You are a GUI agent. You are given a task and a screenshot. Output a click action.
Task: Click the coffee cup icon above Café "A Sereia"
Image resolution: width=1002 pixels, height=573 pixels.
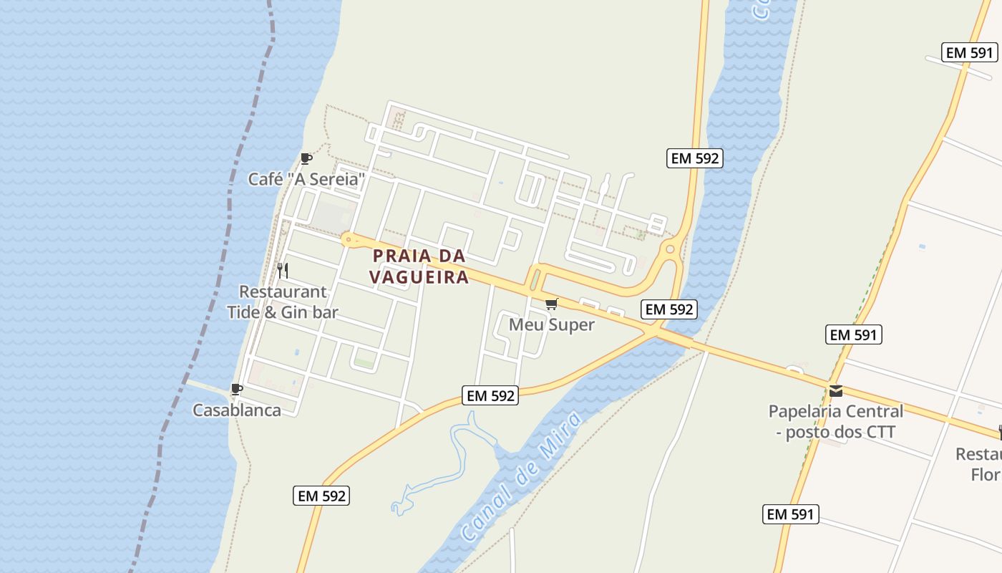pyautogui.click(x=306, y=158)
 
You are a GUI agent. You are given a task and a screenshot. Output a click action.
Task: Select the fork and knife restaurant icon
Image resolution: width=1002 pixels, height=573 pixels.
pyautogui.click(x=283, y=270)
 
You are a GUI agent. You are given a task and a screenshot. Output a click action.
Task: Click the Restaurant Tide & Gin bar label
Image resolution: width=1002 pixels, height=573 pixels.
pyautogui.click(x=282, y=302)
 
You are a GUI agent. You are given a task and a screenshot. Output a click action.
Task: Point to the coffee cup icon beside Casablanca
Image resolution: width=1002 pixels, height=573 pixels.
pyautogui.click(x=237, y=390)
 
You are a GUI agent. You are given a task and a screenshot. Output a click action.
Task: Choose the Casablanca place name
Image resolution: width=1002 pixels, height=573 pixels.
pyautogui.click(x=237, y=410)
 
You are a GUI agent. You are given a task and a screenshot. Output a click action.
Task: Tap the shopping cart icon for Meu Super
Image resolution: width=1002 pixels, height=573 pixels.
pyautogui.click(x=551, y=304)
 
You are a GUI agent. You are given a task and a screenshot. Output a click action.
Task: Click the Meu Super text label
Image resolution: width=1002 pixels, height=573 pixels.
pyautogui.click(x=551, y=325)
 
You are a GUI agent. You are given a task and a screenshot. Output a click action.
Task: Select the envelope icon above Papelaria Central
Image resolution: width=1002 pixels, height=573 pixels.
pyautogui.click(x=835, y=391)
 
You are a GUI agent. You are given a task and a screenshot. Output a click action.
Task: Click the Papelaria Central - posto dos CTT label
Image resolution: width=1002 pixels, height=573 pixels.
pyautogui.click(x=835, y=422)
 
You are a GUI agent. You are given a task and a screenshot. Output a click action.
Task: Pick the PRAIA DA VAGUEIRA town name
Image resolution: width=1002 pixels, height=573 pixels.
pyautogui.click(x=419, y=266)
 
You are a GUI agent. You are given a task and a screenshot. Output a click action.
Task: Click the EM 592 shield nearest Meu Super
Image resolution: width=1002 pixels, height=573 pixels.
pyautogui.click(x=668, y=309)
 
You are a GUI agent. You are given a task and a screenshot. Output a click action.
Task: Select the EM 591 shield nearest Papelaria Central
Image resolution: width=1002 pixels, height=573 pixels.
pyautogui.click(x=853, y=334)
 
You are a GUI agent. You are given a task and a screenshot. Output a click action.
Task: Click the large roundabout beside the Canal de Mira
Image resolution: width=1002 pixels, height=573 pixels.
pyautogui.click(x=670, y=249)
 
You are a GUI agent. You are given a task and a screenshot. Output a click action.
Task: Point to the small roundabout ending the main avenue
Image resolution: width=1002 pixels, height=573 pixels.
pyautogui.click(x=347, y=239)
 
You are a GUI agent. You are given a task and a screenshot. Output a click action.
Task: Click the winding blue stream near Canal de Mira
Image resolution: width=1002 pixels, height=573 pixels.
pyautogui.click(x=458, y=458)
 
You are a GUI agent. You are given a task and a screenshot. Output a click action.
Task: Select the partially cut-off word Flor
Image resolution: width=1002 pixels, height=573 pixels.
pyautogui.click(x=986, y=474)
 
